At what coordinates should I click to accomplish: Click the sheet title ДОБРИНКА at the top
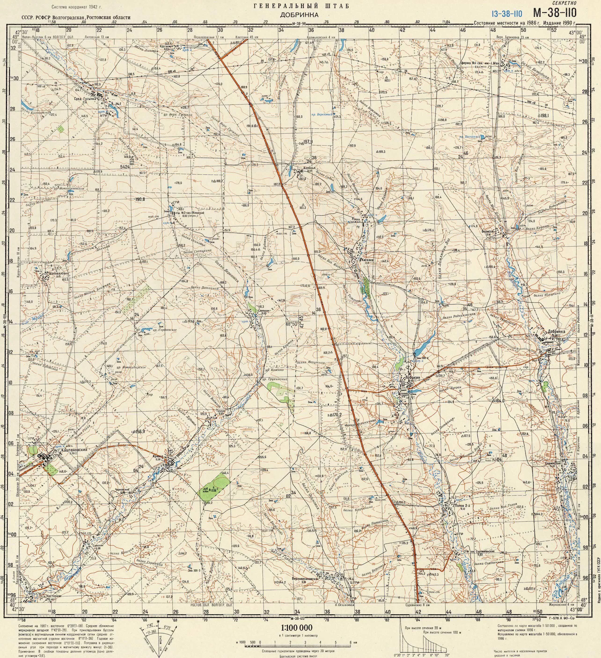[299, 15]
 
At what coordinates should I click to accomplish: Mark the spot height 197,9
[308, 142]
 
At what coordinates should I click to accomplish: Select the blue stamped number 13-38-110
[506, 13]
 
